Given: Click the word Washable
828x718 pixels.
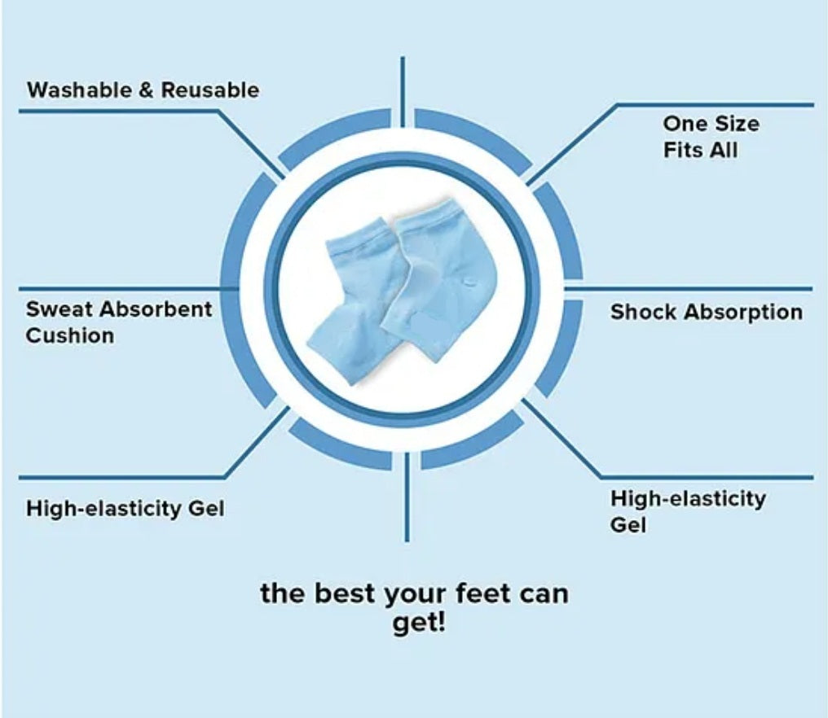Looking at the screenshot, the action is (x=80, y=90).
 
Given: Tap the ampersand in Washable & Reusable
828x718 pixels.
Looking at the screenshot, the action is (x=146, y=90).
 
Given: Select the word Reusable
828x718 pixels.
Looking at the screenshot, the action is (x=210, y=90).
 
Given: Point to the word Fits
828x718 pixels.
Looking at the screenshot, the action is (x=683, y=150).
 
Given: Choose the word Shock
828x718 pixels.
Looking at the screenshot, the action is (x=643, y=312).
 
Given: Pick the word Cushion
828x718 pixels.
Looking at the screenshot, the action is (x=70, y=335).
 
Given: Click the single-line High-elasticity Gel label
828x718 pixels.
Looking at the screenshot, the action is (x=126, y=509).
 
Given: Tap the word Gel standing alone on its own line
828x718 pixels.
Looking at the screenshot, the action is (x=628, y=525).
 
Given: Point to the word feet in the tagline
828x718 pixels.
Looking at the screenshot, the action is (x=482, y=593).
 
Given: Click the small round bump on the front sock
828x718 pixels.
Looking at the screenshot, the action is (x=467, y=282).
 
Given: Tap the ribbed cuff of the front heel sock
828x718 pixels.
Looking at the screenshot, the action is (x=426, y=216).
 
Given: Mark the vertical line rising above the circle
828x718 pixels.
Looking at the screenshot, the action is (x=403, y=92).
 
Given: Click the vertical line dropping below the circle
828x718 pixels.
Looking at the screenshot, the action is (x=406, y=497).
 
